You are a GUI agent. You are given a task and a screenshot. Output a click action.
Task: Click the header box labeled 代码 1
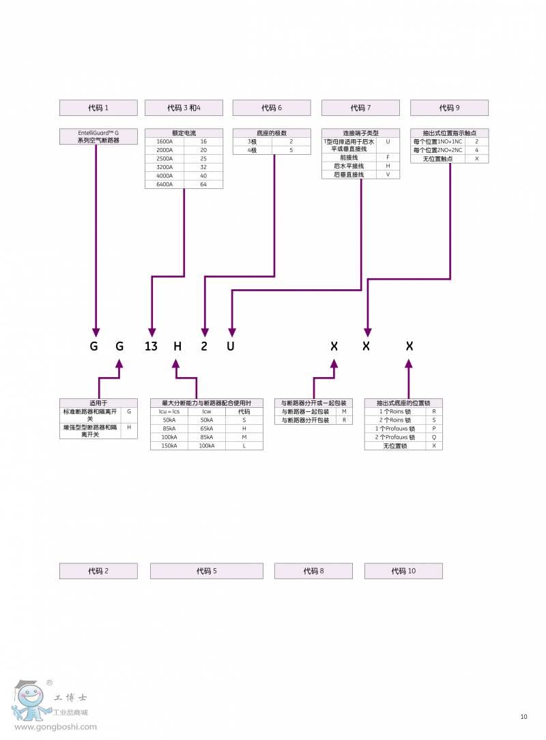[x=98, y=108]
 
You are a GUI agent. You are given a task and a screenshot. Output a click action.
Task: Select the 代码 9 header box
[x=449, y=108]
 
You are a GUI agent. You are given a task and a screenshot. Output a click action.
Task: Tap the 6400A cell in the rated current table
[x=164, y=185]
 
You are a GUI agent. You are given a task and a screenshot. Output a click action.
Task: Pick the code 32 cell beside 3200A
[x=203, y=167]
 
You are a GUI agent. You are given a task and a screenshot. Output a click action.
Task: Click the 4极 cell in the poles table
[x=253, y=150]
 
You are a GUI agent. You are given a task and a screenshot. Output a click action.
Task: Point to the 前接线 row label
[x=349, y=157]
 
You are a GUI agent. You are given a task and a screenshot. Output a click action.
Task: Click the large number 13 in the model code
[x=151, y=346]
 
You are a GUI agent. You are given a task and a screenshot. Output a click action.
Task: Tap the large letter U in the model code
[x=231, y=346]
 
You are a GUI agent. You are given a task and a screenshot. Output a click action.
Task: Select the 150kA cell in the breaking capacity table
[x=169, y=445]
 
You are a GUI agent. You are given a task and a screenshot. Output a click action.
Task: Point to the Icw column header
[x=207, y=411]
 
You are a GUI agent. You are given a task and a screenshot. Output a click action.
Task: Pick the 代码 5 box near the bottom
[x=206, y=571]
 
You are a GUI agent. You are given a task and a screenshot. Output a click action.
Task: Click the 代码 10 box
[x=403, y=571]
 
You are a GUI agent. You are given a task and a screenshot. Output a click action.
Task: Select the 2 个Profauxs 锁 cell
[x=395, y=437]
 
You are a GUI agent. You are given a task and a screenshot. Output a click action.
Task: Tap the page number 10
[x=523, y=716]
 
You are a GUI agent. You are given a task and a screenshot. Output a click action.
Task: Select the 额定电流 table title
[x=184, y=133]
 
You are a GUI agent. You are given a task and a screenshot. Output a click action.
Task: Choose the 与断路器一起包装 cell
[x=305, y=412]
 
